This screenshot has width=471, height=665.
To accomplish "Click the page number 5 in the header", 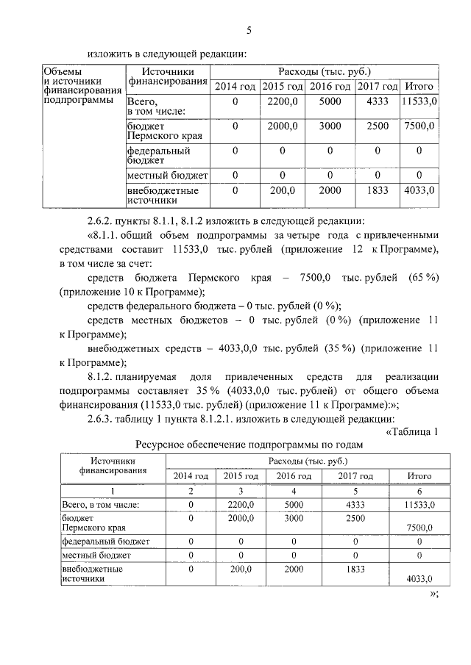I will click(248, 30).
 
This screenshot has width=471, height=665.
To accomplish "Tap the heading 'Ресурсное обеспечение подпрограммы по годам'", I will click(249, 445).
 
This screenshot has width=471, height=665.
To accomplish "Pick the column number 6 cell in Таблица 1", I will click(419, 490).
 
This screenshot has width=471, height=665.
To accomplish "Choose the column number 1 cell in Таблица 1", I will click(112, 490).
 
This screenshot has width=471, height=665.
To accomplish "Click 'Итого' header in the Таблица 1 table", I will click(419, 476).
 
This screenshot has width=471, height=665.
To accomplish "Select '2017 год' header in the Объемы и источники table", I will click(377, 87).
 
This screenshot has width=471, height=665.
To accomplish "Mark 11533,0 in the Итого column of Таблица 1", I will click(419, 505).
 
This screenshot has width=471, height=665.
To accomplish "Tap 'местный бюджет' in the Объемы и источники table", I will click(167, 176).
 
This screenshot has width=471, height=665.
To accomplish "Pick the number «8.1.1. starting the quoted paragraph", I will click(109, 235).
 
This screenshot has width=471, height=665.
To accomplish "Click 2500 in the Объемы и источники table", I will click(377, 126).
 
